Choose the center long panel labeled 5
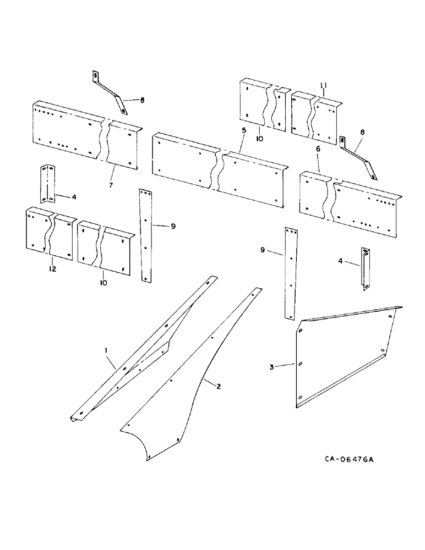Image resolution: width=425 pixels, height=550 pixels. (x=220, y=170)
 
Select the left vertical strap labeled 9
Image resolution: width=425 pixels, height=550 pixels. (x=145, y=237)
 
